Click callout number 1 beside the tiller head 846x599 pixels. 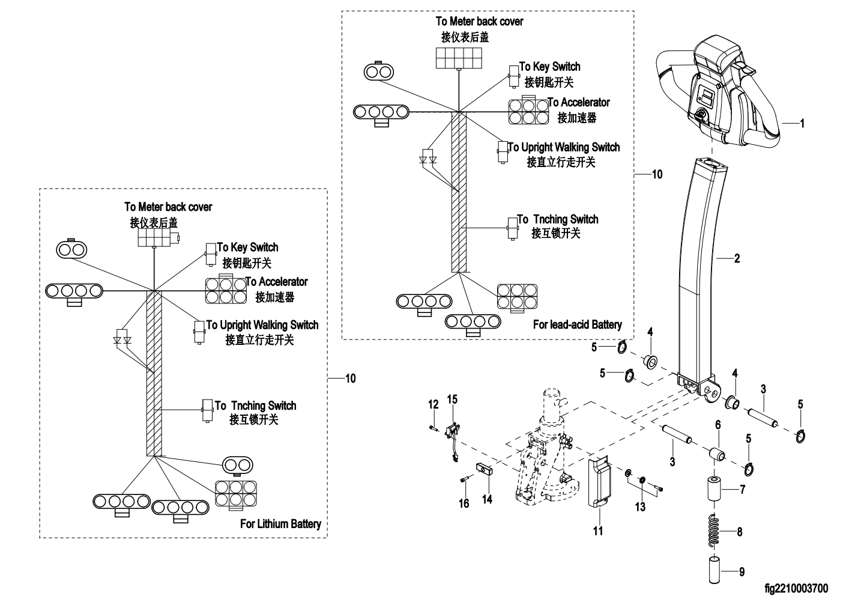pos(802,124)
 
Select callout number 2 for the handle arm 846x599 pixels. pos(737,259)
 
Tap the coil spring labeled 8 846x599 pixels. pos(713,532)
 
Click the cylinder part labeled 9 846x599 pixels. pos(714,570)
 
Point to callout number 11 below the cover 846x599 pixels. pos(598,531)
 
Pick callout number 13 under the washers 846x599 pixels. pos(640,506)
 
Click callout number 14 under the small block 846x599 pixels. pos(487,499)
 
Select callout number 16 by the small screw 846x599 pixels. pos(464,503)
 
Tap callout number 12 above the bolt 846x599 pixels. pos(434,404)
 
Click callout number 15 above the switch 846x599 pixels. pos(452,399)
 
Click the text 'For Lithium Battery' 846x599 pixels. pos(280,524)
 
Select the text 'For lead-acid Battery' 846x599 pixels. pos(577,324)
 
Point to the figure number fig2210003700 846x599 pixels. pos(796,588)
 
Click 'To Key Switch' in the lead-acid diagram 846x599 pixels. pos(549,67)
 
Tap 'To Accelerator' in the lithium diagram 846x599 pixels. pos(276,282)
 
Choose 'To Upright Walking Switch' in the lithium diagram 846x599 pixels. pos(262,325)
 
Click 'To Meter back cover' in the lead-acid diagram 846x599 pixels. pos(479,22)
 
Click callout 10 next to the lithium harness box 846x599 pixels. pos(350,378)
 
